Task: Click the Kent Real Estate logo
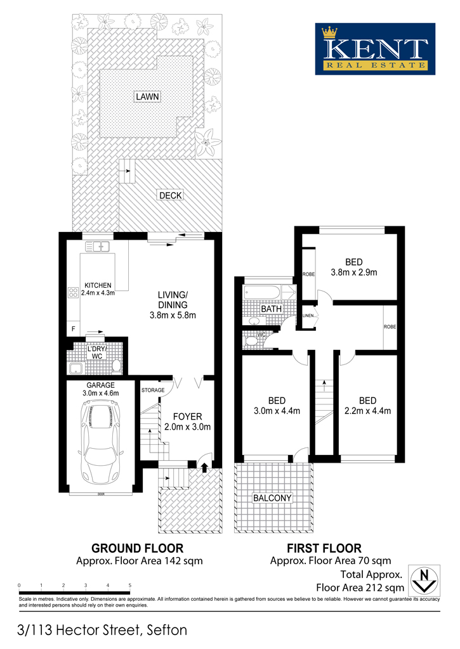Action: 375,49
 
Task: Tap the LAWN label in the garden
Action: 148,96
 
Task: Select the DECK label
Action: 171,195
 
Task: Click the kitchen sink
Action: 96,247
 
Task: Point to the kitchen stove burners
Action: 74,293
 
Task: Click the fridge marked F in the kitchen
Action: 74,329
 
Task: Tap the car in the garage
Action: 100,443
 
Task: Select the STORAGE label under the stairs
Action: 153,390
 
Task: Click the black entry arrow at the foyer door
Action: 204,467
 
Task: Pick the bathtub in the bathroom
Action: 262,292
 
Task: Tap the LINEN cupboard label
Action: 308,316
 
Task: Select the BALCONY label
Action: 272,498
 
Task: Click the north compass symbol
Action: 424,581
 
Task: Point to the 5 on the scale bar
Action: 129,585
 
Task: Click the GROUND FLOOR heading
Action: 137,548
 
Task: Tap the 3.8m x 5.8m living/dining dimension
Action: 173,315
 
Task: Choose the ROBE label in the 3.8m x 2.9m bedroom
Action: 308,274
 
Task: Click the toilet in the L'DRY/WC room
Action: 117,366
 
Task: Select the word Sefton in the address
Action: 167,630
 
